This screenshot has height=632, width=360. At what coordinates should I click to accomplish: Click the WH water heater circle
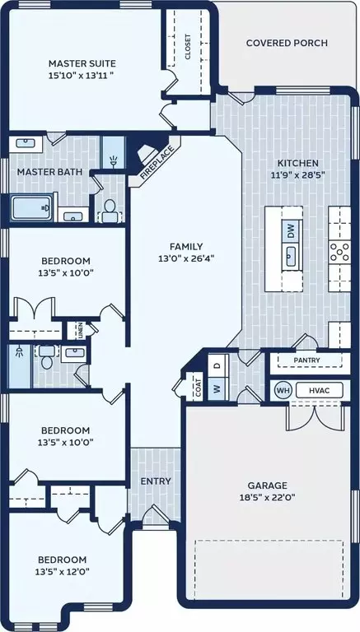(x=282, y=390)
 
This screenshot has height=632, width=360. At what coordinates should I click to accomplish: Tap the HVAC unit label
(x=320, y=390)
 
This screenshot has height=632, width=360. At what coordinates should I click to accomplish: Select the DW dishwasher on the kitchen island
(x=292, y=231)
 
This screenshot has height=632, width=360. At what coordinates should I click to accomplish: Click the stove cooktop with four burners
(x=339, y=253)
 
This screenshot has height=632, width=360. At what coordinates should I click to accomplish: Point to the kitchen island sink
(x=292, y=257)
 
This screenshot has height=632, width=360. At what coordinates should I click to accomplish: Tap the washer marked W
(x=217, y=389)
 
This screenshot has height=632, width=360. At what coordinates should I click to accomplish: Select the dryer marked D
(x=217, y=366)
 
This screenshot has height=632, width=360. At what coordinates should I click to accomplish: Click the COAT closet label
(x=199, y=388)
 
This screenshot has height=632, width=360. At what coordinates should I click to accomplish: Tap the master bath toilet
(x=110, y=211)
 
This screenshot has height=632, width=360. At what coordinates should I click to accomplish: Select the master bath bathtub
(x=31, y=207)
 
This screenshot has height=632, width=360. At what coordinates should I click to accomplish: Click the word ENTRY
(x=156, y=481)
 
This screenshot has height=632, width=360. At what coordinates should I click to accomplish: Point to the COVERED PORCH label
(x=287, y=43)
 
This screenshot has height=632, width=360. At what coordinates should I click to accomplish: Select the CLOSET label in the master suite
(x=188, y=46)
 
